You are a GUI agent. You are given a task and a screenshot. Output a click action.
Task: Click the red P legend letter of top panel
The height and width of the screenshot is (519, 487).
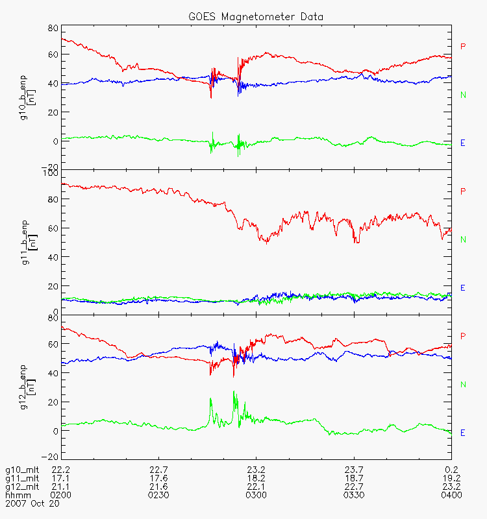(x=463, y=46)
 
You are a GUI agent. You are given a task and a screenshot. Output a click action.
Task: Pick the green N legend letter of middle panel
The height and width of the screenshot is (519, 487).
(x=463, y=239)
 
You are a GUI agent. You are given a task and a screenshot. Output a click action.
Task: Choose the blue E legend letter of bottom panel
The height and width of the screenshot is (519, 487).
(x=463, y=433)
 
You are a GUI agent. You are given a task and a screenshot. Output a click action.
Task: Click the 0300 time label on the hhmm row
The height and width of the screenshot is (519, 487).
(x=256, y=495)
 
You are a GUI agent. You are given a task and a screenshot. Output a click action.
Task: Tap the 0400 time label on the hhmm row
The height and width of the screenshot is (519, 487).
(x=451, y=495)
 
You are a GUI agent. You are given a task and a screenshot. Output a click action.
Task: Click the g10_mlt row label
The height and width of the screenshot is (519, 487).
(x=21, y=470)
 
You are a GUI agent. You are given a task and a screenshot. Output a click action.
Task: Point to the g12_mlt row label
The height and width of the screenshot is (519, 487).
(x=21, y=487)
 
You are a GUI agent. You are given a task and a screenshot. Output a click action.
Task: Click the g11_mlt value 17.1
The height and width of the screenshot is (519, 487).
(x=62, y=478)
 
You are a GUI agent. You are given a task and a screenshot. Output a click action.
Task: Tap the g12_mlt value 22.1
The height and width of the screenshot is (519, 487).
(x=256, y=487)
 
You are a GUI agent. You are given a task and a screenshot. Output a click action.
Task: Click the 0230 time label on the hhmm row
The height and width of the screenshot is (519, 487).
(x=159, y=495)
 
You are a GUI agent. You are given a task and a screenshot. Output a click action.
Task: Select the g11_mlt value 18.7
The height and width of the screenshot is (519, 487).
(x=354, y=478)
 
